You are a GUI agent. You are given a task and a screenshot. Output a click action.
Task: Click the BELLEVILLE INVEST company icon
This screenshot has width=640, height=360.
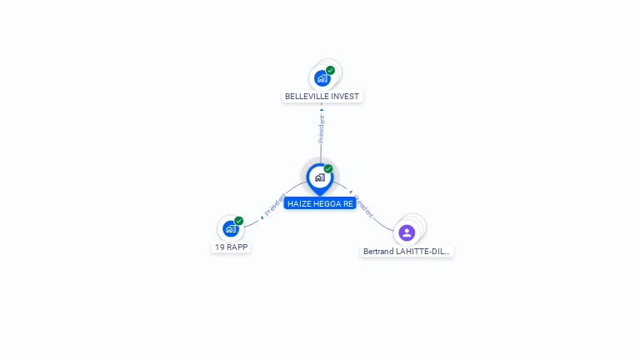(322, 79)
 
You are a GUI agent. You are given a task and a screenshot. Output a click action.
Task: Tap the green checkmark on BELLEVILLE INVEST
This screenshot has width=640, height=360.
(331, 70)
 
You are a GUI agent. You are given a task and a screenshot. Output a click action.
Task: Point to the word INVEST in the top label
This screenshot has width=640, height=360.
(345, 97)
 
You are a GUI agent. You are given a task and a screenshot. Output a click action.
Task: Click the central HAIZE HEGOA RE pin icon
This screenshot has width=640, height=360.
(319, 177)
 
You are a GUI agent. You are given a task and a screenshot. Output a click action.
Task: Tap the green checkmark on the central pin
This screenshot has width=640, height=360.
(328, 168)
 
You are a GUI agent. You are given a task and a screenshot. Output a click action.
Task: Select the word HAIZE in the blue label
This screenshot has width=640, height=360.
(299, 203)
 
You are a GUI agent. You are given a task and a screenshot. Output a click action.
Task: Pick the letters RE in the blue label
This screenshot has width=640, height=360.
(348, 203)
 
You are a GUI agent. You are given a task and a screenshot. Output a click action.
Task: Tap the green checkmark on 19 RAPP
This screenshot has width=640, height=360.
(239, 221)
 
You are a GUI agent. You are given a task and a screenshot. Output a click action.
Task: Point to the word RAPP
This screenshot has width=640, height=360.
(237, 247)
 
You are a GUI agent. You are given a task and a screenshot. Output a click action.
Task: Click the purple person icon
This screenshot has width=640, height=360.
(407, 232)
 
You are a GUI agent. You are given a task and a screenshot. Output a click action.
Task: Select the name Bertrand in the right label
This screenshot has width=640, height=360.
(379, 251)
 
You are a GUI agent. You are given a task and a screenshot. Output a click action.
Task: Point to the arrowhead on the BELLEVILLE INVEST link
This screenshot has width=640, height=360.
(322, 109)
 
